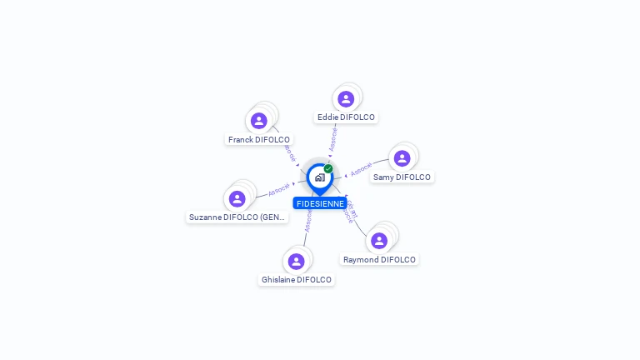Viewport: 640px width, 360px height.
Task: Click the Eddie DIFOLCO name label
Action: point(346,117)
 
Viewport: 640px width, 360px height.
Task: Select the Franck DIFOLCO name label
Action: point(259,140)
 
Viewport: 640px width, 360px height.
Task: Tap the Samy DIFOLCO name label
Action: point(402,177)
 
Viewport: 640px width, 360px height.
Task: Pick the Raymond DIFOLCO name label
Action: point(379,260)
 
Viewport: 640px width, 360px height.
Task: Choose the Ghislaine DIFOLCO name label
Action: point(297,280)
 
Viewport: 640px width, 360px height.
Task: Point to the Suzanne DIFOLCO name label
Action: point(237,217)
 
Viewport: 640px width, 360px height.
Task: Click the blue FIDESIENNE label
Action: point(320,203)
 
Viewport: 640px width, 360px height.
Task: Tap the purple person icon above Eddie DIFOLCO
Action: point(346,99)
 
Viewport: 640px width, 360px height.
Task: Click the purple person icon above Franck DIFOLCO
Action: point(259,122)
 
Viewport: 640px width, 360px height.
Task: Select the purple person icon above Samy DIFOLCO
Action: point(402,158)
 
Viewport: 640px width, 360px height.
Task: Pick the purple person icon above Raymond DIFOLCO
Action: point(379,241)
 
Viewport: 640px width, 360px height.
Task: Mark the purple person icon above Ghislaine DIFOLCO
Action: point(296,262)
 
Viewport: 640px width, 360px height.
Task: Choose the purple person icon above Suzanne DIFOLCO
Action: point(237,199)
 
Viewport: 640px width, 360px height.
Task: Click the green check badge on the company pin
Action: point(328,168)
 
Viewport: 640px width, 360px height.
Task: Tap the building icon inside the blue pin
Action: point(319,177)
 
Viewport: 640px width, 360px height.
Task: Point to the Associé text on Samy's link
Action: point(362,169)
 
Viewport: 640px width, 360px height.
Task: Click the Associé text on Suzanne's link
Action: point(279,190)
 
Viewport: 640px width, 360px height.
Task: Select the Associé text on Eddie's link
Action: point(333,138)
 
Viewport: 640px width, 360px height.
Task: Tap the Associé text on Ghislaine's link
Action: point(308,222)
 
